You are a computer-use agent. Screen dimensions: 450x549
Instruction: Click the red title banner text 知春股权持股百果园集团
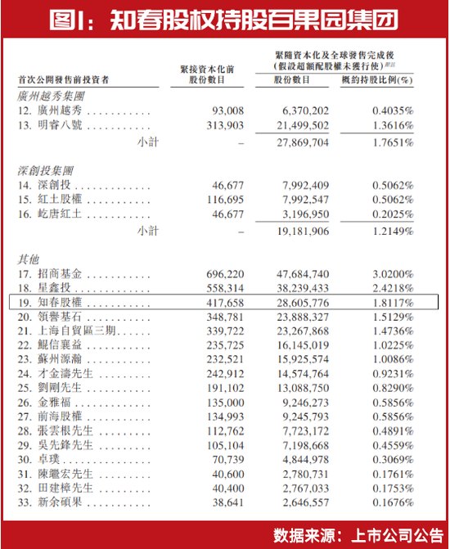click(x=226, y=18)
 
